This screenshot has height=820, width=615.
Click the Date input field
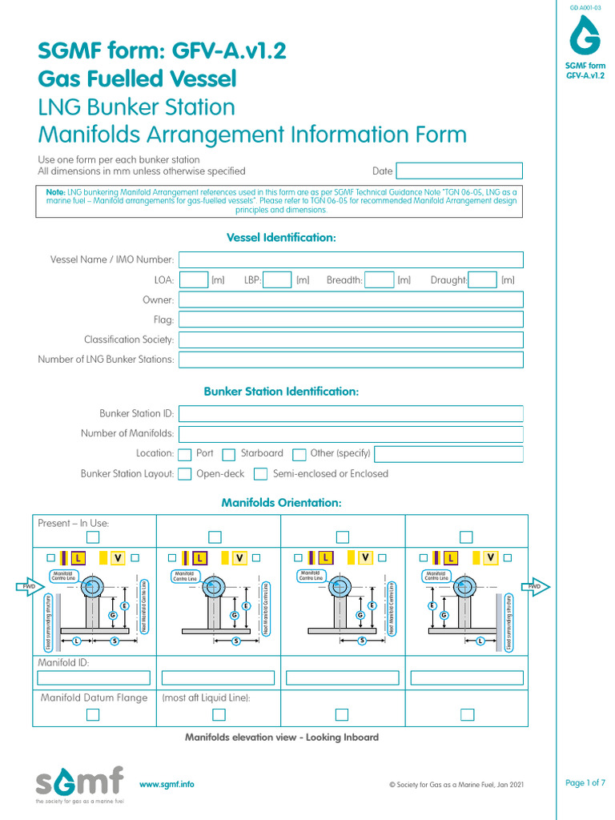tap(459, 171)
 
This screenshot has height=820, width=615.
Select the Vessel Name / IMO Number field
tap(351, 259)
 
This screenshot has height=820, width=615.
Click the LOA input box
tap(193, 279)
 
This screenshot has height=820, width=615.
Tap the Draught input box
tap(482, 279)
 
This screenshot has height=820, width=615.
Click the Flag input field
tap(351, 320)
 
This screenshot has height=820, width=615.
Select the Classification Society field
tap(351, 340)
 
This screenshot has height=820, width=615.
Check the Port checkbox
tap(185, 454)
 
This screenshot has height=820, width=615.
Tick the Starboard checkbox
tap(228, 454)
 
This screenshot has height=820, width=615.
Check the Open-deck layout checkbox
tap(185, 474)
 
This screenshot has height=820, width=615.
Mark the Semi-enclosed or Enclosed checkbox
tap(260, 474)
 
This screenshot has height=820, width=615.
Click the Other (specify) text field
tap(448, 454)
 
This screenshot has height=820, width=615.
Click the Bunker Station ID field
tap(351, 414)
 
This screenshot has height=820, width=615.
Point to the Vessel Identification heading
tap(281, 238)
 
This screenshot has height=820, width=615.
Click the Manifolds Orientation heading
tap(281, 503)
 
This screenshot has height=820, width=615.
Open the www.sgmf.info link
tap(167, 785)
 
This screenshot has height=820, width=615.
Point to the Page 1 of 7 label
tap(585, 783)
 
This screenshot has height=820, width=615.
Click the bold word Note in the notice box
tap(55, 192)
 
